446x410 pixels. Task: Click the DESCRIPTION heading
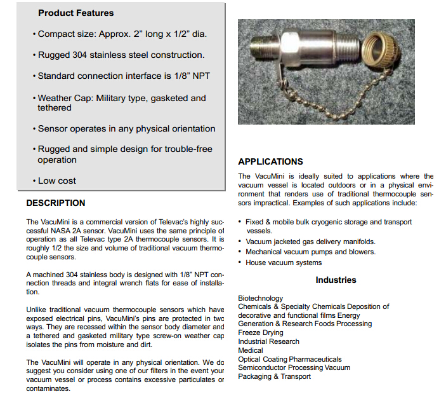pos(56,203)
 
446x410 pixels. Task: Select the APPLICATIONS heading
pos(270,161)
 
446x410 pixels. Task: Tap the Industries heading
pos(336,280)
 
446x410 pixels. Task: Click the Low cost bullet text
pos(56,181)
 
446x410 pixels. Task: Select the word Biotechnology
pos(261,298)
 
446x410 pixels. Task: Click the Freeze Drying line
pos(261,332)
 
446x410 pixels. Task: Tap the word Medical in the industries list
pos(251,350)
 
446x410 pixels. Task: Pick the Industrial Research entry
pos(268,341)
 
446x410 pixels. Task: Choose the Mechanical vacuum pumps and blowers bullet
pos(310,252)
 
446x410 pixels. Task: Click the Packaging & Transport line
pos(274,376)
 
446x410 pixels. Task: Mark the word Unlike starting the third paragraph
pos(38,309)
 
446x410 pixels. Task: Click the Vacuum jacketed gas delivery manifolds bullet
pos(310,242)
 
